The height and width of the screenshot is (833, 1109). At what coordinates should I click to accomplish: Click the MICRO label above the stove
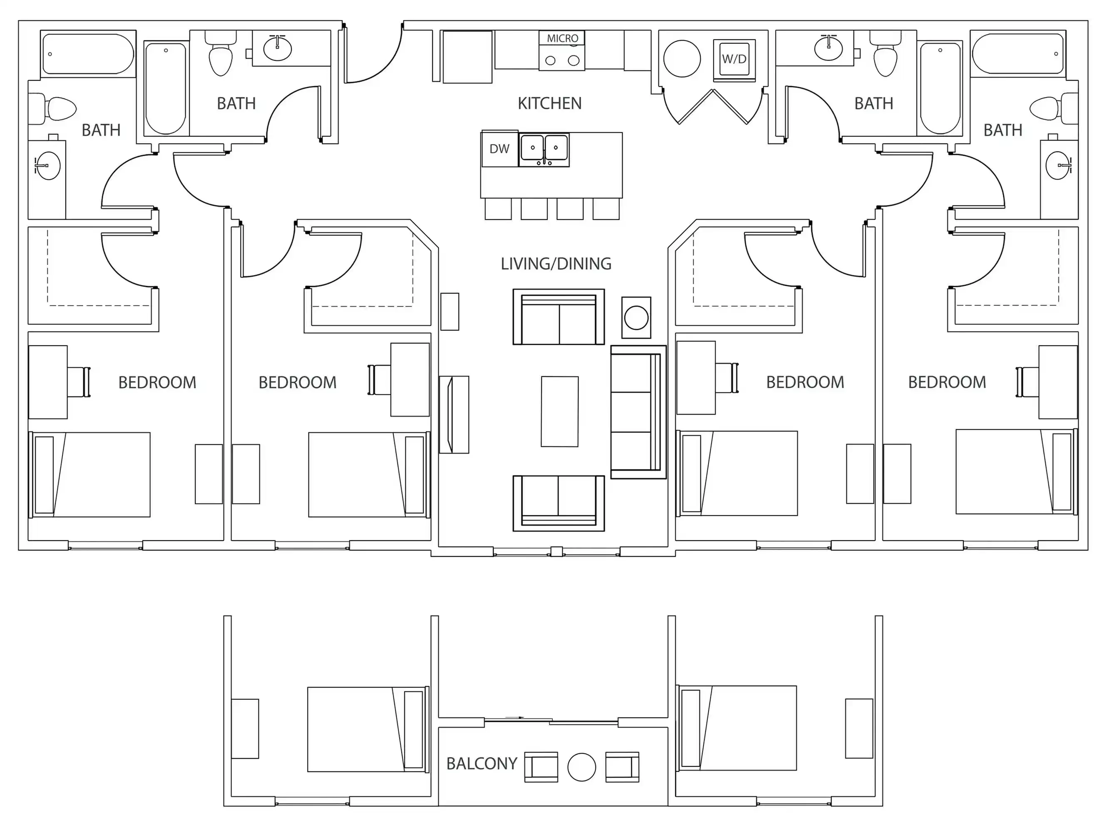[x=562, y=38]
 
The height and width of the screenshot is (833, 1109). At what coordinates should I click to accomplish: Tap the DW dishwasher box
[x=500, y=149]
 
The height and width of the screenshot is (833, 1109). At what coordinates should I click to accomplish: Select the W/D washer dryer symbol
[x=734, y=59]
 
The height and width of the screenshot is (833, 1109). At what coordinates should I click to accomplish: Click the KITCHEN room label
[x=550, y=103]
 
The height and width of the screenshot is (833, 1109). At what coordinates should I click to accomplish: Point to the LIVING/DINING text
[x=555, y=264]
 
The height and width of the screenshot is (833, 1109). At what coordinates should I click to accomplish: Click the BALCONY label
[x=481, y=763]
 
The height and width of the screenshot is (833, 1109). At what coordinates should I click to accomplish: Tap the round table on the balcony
[x=582, y=767]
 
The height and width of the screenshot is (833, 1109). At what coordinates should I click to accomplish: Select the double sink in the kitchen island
[x=544, y=150]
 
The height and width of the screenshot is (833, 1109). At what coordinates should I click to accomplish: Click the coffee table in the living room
[x=559, y=411]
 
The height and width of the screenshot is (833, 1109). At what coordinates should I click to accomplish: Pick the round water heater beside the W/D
[x=682, y=59]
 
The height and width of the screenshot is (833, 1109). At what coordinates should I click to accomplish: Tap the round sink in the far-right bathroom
[x=1058, y=165]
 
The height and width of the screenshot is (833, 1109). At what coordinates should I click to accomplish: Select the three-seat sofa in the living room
[x=638, y=412]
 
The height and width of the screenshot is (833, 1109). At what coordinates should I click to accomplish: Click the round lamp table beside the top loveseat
[x=636, y=317]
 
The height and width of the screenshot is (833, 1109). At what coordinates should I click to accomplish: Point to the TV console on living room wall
[x=454, y=414]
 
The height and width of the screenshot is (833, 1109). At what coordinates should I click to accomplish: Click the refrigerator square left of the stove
[x=467, y=57]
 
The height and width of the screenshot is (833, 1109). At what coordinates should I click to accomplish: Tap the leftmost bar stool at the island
[x=498, y=209]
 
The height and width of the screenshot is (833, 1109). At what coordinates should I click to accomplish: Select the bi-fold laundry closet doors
[x=712, y=106]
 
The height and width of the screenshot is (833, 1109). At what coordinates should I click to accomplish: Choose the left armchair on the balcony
[x=541, y=767]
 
